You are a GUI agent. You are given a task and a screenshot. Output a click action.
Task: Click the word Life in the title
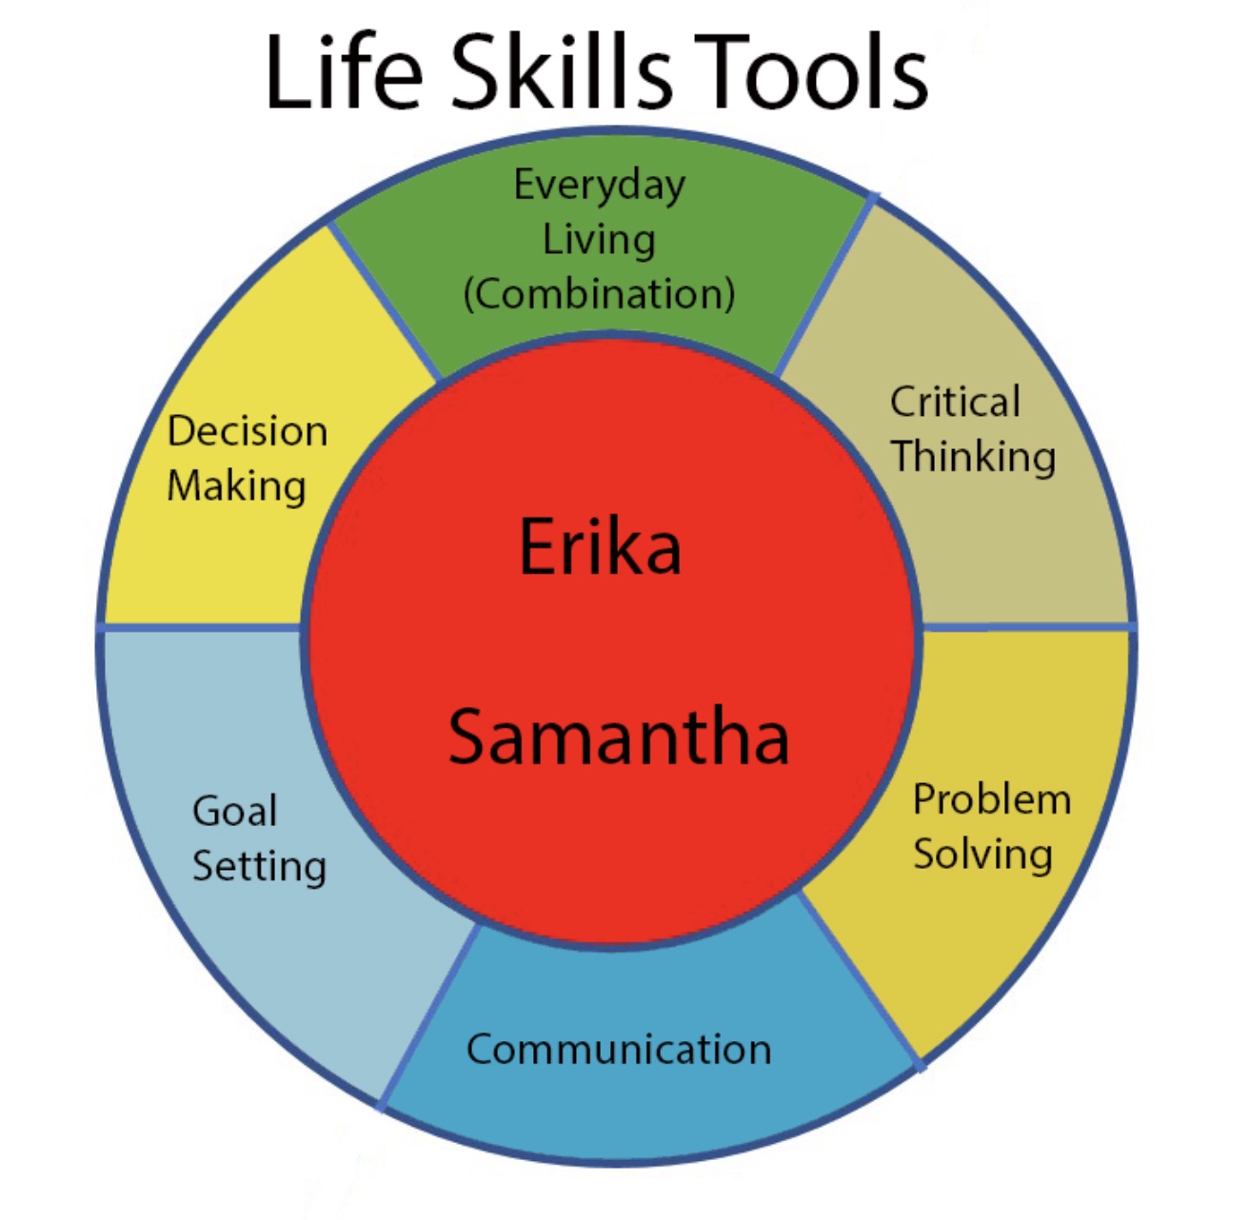pyautogui.click(x=343, y=72)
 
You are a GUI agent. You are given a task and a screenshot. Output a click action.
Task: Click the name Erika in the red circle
pyautogui.click(x=600, y=546)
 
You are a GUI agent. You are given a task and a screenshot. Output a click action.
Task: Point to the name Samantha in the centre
pyautogui.click(x=619, y=738)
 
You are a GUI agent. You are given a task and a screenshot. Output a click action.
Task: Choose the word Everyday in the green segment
pyautogui.click(x=599, y=186)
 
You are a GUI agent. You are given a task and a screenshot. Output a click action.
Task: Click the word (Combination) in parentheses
pyautogui.click(x=599, y=294)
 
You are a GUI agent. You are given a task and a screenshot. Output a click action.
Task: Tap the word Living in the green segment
pyautogui.click(x=599, y=240)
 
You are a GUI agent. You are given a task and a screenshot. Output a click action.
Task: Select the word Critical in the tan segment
pyautogui.click(x=955, y=402)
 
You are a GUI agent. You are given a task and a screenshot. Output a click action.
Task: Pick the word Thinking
pyautogui.click(x=973, y=457)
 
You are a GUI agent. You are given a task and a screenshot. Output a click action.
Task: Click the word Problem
pyautogui.click(x=992, y=799)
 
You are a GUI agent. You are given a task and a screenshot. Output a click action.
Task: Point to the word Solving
pyautogui.click(x=982, y=854)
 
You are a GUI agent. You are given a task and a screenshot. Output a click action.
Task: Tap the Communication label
pyautogui.click(x=619, y=1050)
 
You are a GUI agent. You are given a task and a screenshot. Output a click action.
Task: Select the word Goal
pyautogui.click(x=234, y=812)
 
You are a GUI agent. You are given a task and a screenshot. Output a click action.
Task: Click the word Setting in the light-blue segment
pyautogui.click(x=259, y=866)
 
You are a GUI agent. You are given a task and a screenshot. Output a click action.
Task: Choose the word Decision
pyautogui.click(x=248, y=431)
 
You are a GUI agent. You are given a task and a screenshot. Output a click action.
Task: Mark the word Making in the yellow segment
pyautogui.click(x=236, y=486)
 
